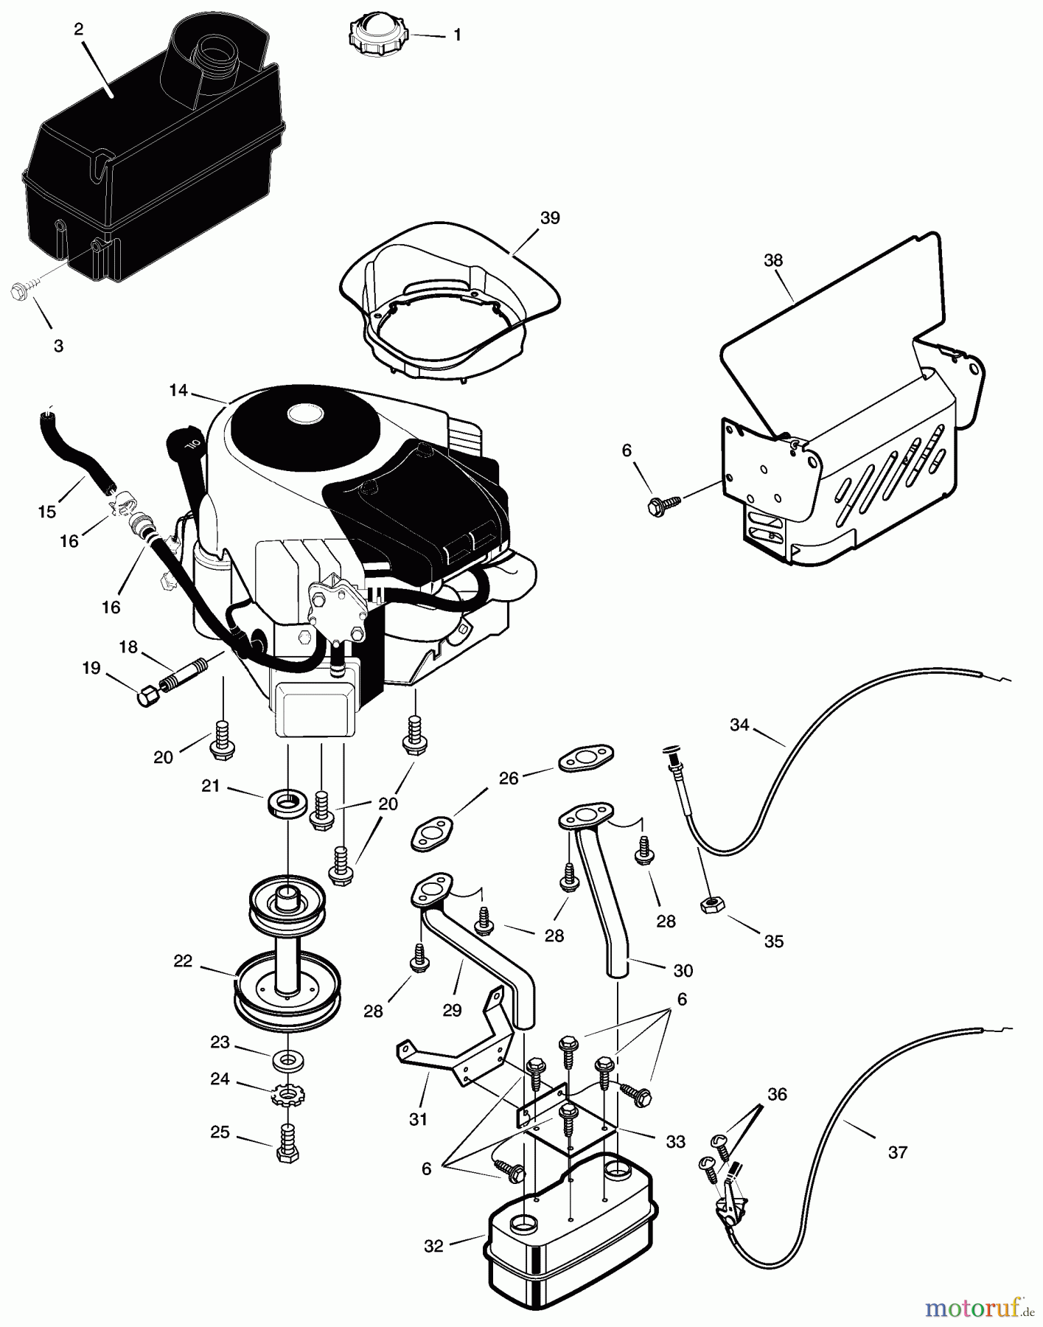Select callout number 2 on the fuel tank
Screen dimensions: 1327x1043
pyautogui.click(x=79, y=29)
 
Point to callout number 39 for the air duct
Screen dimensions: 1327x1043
pyautogui.click(x=550, y=217)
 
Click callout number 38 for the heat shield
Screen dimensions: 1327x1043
pyautogui.click(x=773, y=260)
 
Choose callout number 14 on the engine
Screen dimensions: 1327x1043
pyautogui.click(x=178, y=390)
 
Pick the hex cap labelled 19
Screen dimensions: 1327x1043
pyautogui.click(x=147, y=694)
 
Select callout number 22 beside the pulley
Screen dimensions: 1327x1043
pyautogui.click(x=182, y=961)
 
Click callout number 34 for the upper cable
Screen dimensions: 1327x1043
pyautogui.click(x=739, y=725)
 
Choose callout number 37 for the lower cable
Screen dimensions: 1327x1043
pyautogui.click(x=897, y=1152)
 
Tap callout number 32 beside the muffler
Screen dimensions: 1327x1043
pyautogui.click(x=434, y=1246)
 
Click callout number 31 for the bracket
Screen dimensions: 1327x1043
pyautogui.click(x=418, y=1119)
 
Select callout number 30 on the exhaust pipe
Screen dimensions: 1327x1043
pyautogui.click(x=683, y=970)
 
